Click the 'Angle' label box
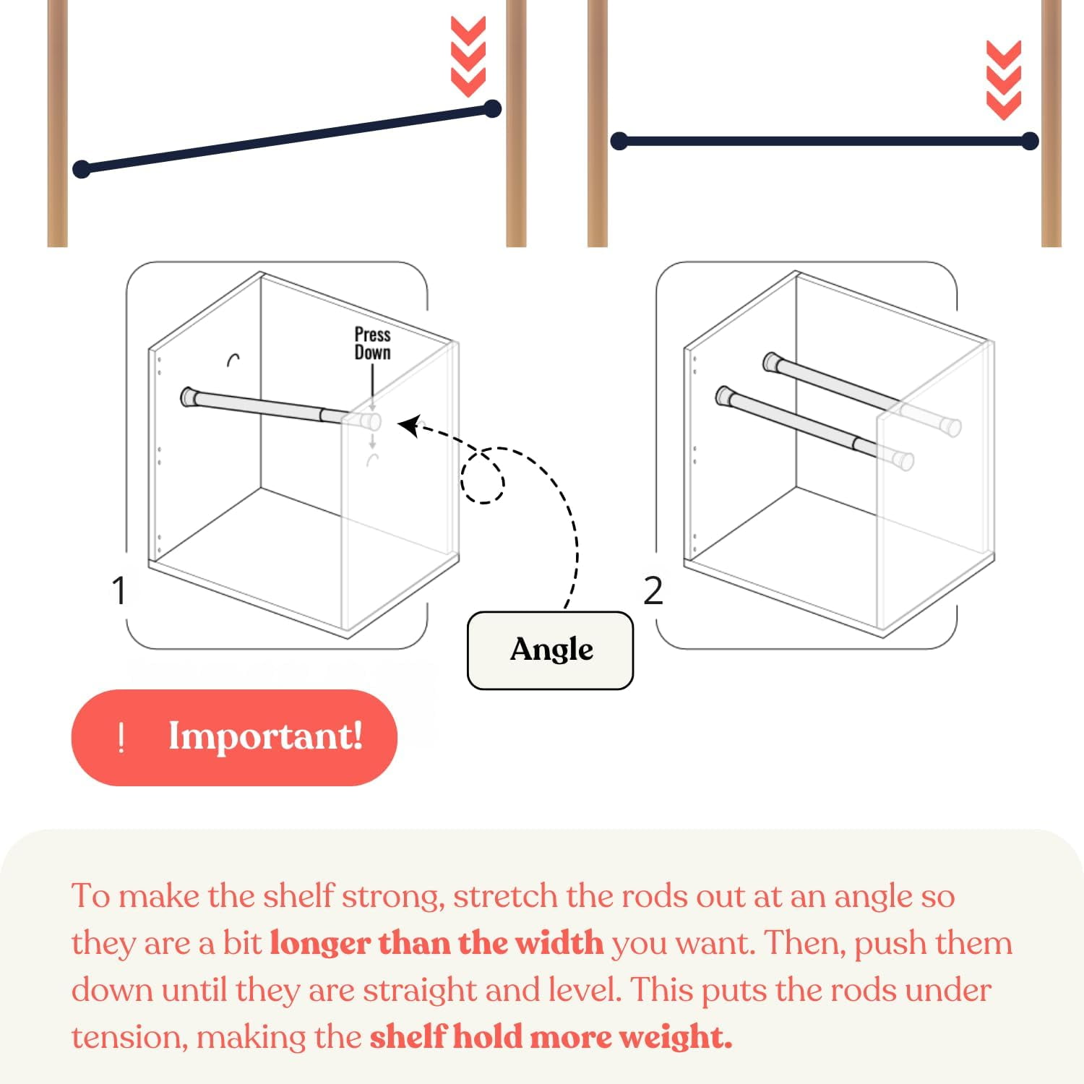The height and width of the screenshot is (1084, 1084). (x=550, y=650)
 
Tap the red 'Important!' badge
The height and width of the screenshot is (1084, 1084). (x=234, y=737)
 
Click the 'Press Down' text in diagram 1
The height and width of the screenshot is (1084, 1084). (x=372, y=344)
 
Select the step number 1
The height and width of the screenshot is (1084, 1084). (x=119, y=590)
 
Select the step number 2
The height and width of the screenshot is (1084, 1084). (x=653, y=590)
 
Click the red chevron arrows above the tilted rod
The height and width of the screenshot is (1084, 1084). (x=468, y=56)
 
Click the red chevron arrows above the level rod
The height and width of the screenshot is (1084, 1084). (x=1004, y=79)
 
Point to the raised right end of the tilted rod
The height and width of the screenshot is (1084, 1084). (x=492, y=109)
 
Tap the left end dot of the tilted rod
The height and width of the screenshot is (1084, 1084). (x=82, y=169)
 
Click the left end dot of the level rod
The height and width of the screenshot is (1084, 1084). (x=619, y=141)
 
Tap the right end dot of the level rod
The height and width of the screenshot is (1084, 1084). (x=1030, y=141)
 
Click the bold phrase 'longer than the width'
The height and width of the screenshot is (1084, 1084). (x=436, y=943)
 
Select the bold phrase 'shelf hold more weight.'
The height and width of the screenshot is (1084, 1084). (x=551, y=1037)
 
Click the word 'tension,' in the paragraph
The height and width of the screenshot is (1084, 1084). (x=130, y=1038)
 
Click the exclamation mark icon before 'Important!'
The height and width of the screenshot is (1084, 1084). (x=121, y=738)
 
